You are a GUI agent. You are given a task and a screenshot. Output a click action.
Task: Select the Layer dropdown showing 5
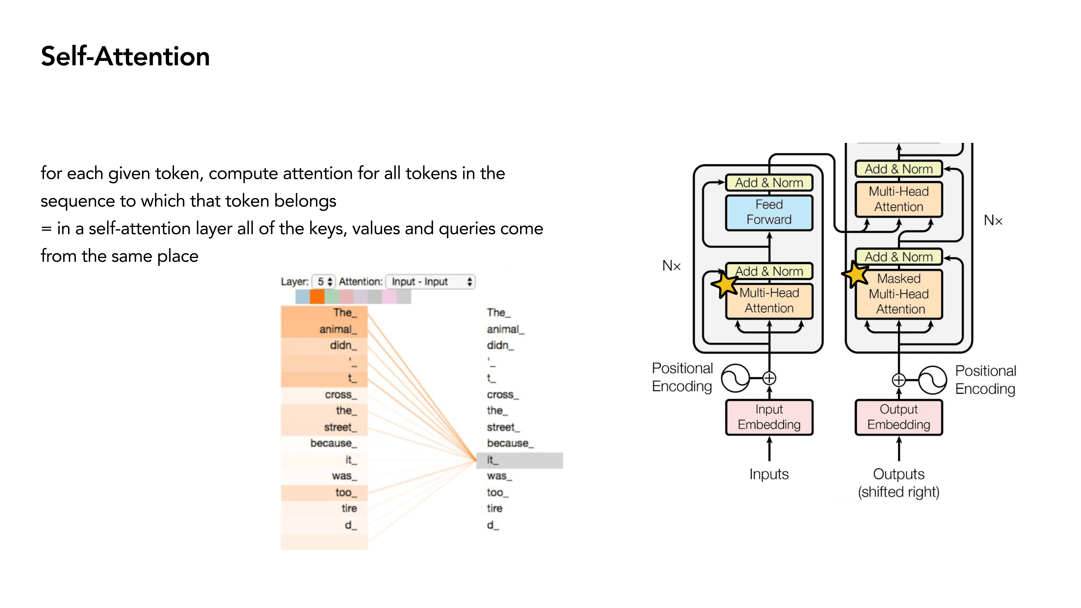324,282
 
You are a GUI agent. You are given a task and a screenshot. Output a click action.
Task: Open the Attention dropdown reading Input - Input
431,282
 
